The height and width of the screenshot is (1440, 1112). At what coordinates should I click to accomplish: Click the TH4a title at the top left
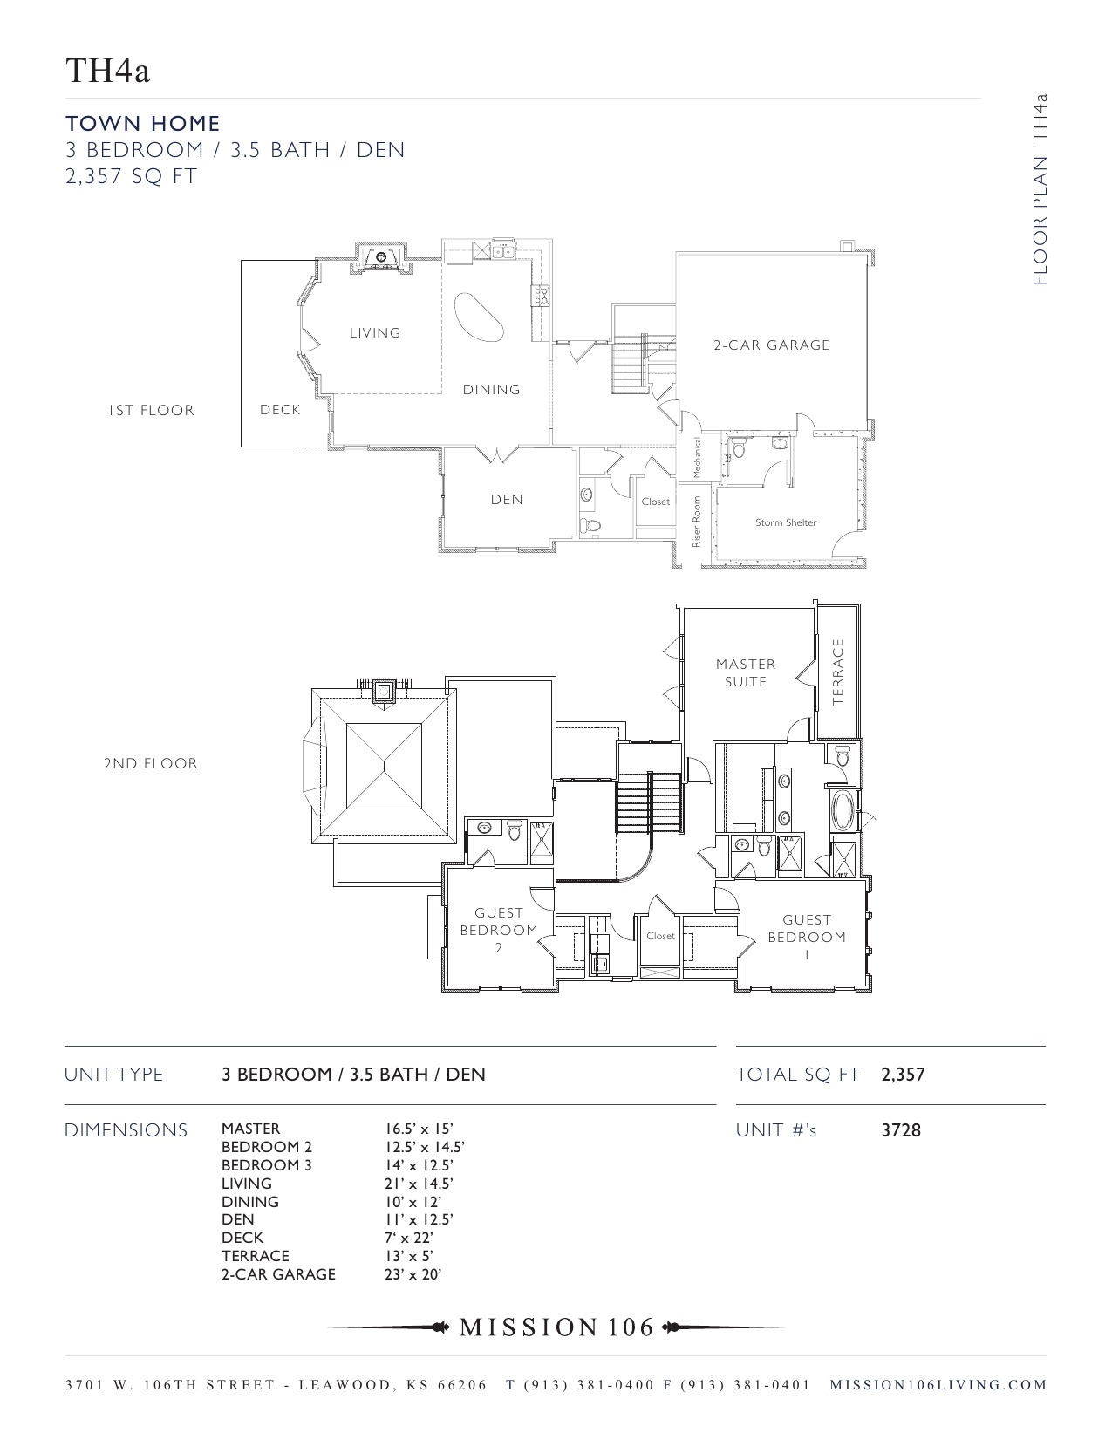108,71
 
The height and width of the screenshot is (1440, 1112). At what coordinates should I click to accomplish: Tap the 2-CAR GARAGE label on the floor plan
771,345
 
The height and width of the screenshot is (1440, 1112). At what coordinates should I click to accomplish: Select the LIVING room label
375,333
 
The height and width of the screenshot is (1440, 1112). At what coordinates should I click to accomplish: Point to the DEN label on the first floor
507,500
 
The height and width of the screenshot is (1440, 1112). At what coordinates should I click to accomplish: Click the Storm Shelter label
786,522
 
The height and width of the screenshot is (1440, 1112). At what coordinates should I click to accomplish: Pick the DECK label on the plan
280,410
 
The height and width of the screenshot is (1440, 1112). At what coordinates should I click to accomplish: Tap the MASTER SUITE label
746,672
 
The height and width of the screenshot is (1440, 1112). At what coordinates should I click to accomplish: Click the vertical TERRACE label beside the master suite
839,672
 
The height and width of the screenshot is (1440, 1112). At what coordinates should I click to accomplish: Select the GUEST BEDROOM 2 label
499,930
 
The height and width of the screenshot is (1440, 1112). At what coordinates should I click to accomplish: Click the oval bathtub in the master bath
843,810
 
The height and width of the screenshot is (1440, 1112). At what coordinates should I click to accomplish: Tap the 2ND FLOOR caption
151,763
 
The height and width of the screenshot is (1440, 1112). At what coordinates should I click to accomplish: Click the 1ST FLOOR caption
152,410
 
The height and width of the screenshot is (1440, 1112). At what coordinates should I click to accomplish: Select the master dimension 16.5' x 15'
413,1129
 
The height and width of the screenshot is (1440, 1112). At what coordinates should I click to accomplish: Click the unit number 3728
901,1130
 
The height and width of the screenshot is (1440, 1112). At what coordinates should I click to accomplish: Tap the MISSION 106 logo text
556,1327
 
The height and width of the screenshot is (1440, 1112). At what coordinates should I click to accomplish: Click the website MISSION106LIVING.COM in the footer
938,1385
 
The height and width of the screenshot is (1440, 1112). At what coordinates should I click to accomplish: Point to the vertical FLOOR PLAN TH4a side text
1039,189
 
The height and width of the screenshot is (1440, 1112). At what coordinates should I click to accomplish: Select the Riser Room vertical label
697,522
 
